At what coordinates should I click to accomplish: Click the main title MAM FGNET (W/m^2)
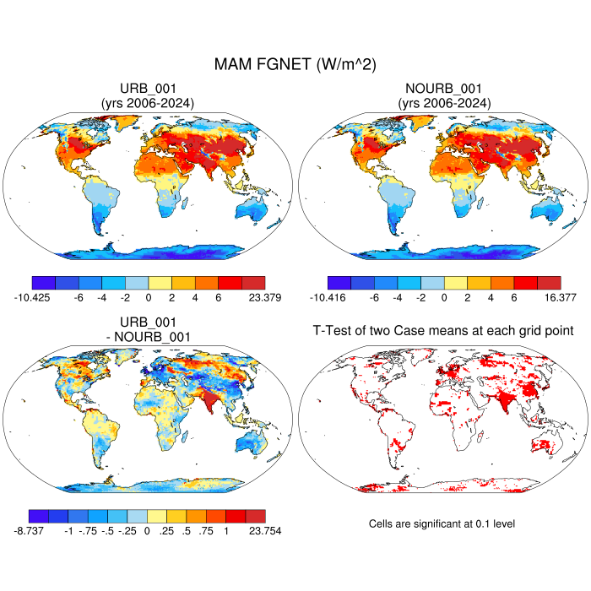[x=295, y=63]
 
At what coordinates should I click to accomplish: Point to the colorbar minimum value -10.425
[x=32, y=297]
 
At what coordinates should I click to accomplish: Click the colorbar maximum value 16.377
[x=559, y=297]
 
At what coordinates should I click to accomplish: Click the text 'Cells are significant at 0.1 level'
[x=442, y=524]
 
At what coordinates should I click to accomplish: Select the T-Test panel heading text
[x=443, y=331]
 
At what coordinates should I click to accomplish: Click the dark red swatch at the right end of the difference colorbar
[x=254, y=516]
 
